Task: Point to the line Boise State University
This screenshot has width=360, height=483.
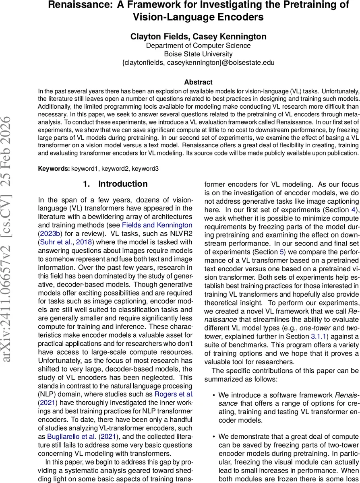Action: pyautogui.click(x=198, y=54)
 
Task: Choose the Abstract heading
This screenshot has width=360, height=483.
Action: pyautogui.click(x=198, y=82)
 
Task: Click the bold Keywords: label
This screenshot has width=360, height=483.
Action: pyautogui.click(x=54, y=169)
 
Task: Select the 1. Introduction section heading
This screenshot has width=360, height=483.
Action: pyautogui.click(x=115, y=184)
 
